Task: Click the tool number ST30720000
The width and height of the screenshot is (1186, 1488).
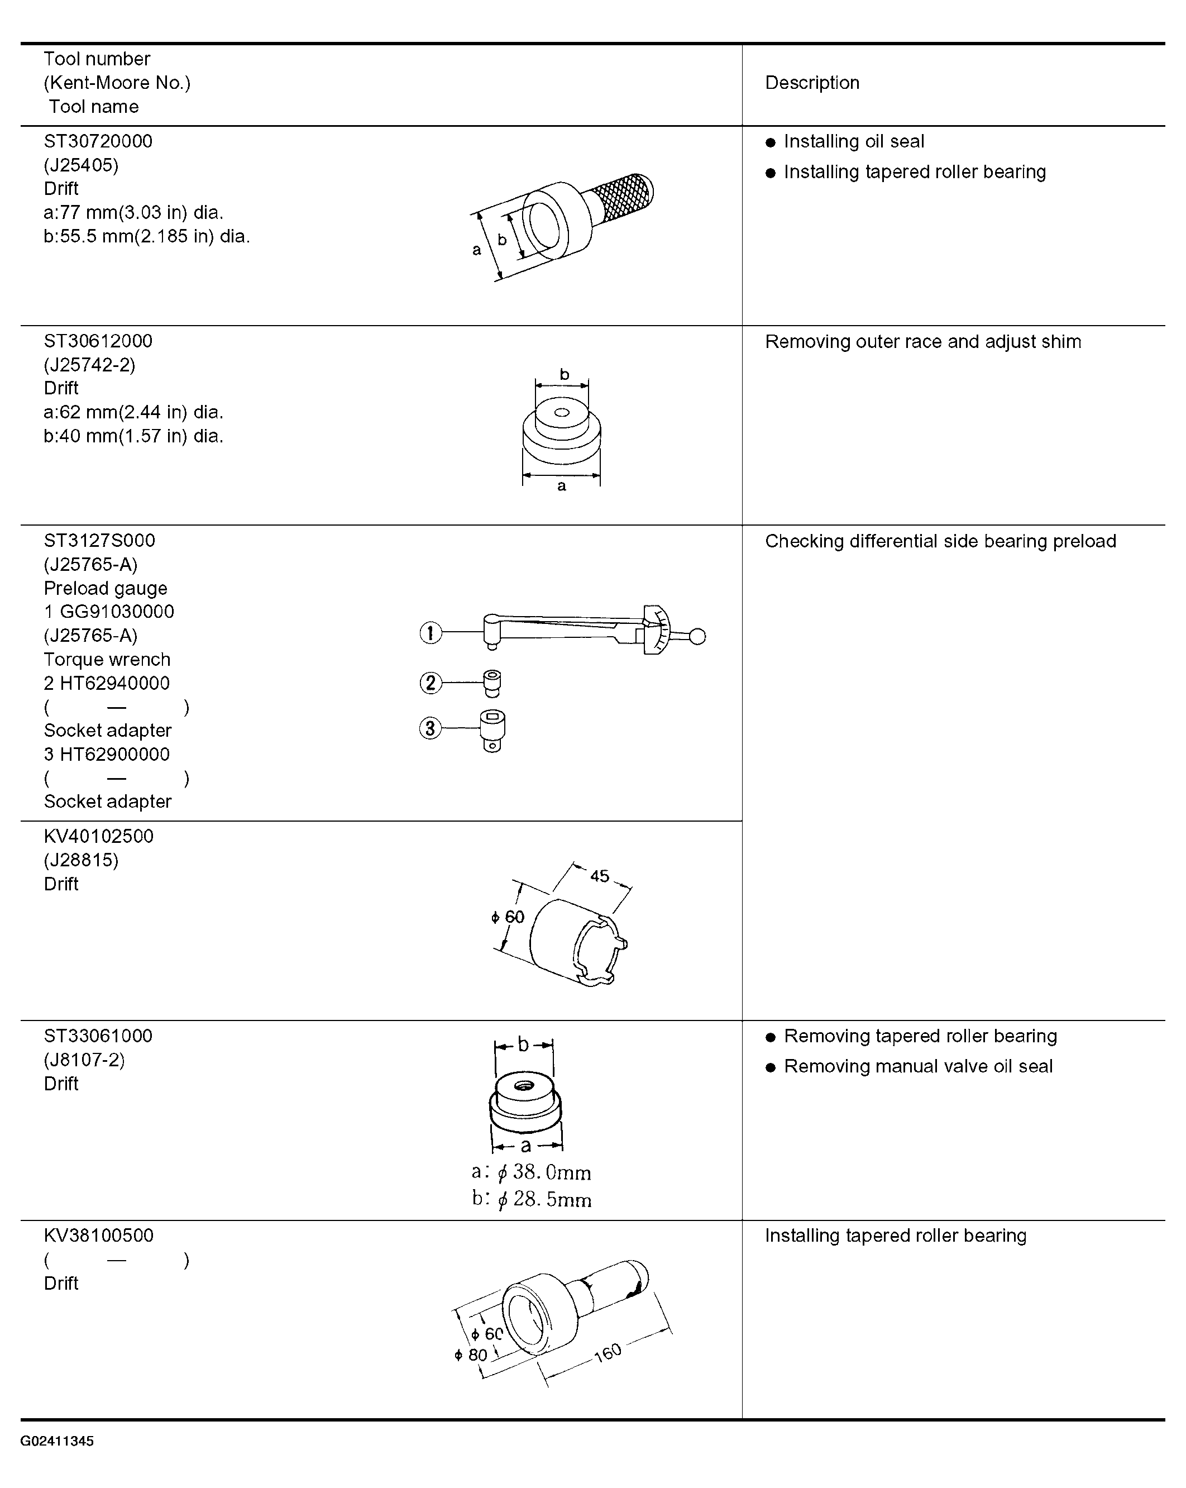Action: (98, 141)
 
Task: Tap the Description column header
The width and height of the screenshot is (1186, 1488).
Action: (812, 83)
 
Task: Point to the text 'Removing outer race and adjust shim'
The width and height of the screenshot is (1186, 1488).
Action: (923, 342)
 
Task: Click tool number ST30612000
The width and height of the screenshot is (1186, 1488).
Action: (98, 341)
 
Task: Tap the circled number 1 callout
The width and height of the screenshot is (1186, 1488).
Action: (431, 633)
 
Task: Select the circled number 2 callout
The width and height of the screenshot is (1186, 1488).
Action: (431, 683)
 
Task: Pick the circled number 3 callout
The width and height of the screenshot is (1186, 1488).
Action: (431, 728)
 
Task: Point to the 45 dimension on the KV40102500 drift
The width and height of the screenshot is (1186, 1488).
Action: (600, 876)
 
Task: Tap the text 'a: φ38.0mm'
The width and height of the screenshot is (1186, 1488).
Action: (531, 1172)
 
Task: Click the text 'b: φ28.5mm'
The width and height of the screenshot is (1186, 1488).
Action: (531, 1199)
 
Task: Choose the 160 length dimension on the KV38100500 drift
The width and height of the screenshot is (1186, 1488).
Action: (608, 1352)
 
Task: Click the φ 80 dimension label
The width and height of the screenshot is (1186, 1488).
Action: (471, 1355)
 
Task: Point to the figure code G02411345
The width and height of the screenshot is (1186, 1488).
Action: (58, 1441)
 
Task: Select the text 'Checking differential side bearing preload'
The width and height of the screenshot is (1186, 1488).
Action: (940, 541)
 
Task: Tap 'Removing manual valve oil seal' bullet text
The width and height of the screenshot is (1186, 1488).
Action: (919, 1066)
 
